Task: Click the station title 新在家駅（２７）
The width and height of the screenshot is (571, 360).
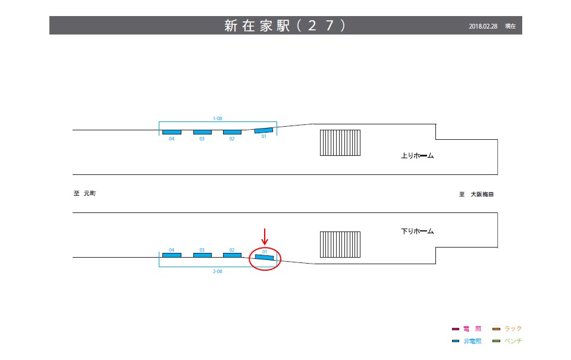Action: pyautogui.click(x=285, y=26)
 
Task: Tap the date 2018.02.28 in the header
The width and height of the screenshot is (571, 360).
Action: pyautogui.click(x=483, y=26)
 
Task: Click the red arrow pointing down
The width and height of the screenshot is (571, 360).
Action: pyautogui.click(x=265, y=236)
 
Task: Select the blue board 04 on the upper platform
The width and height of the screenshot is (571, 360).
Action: pyautogui.click(x=172, y=132)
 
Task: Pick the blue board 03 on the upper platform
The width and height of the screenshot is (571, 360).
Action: pyautogui.click(x=202, y=132)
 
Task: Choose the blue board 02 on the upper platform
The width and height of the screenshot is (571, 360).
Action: pyautogui.click(x=232, y=132)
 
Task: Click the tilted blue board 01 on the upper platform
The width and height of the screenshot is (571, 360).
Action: pyautogui.click(x=263, y=130)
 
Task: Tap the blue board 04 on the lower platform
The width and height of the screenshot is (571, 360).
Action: pyautogui.click(x=172, y=255)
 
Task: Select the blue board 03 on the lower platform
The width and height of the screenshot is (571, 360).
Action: pyautogui.click(x=202, y=255)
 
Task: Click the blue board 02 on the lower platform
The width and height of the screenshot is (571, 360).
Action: pyautogui.click(x=232, y=255)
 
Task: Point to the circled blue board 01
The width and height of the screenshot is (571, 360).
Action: pyautogui.click(x=265, y=257)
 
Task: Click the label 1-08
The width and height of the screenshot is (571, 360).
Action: pyautogui.click(x=218, y=119)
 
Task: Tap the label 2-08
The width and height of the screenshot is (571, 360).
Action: pyautogui.click(x=218, y=271)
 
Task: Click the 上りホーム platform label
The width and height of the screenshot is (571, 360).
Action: pyautogui.click(x=418, y=156)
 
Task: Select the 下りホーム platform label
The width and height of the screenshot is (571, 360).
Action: pyautogui.click(x=418, y=231)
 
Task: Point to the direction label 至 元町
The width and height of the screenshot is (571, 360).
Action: pyautogui.click(x=84, y=194)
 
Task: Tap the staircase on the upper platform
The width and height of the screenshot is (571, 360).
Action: pyautogui.click(x=340, y=143)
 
